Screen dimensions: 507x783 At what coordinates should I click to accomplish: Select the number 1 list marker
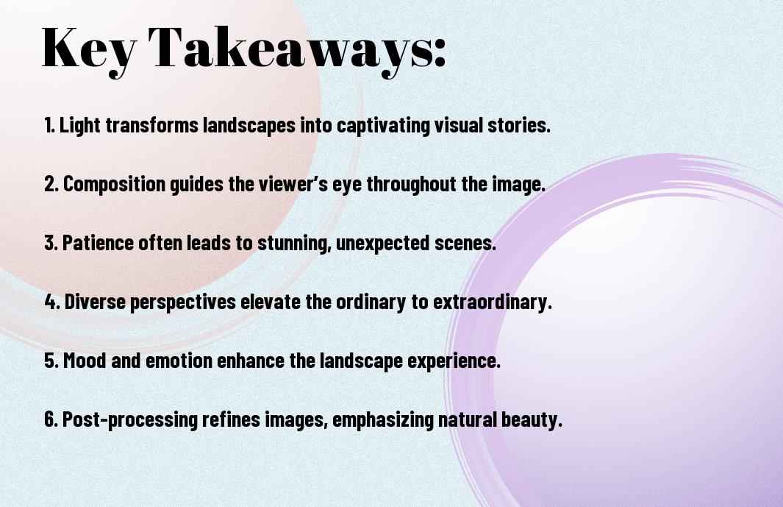click(x=49, y=126)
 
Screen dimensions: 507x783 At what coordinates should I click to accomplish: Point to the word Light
click(x=80, y=126)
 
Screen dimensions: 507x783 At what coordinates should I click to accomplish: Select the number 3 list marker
click(x=50, y=244)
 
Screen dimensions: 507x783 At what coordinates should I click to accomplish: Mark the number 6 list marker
click(x=50, y=420)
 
